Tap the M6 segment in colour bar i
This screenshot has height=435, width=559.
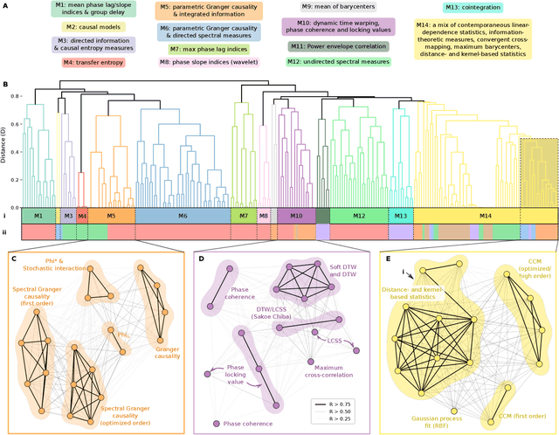pyautogui.click(x=182, y=215)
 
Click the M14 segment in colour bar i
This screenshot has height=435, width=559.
pyautogui.click(x=484, y=215)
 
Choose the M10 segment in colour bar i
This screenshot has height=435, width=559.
pyautogui.click(x=296, y=215)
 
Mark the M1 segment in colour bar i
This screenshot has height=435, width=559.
pyautogui.click(x=38, y=215)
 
